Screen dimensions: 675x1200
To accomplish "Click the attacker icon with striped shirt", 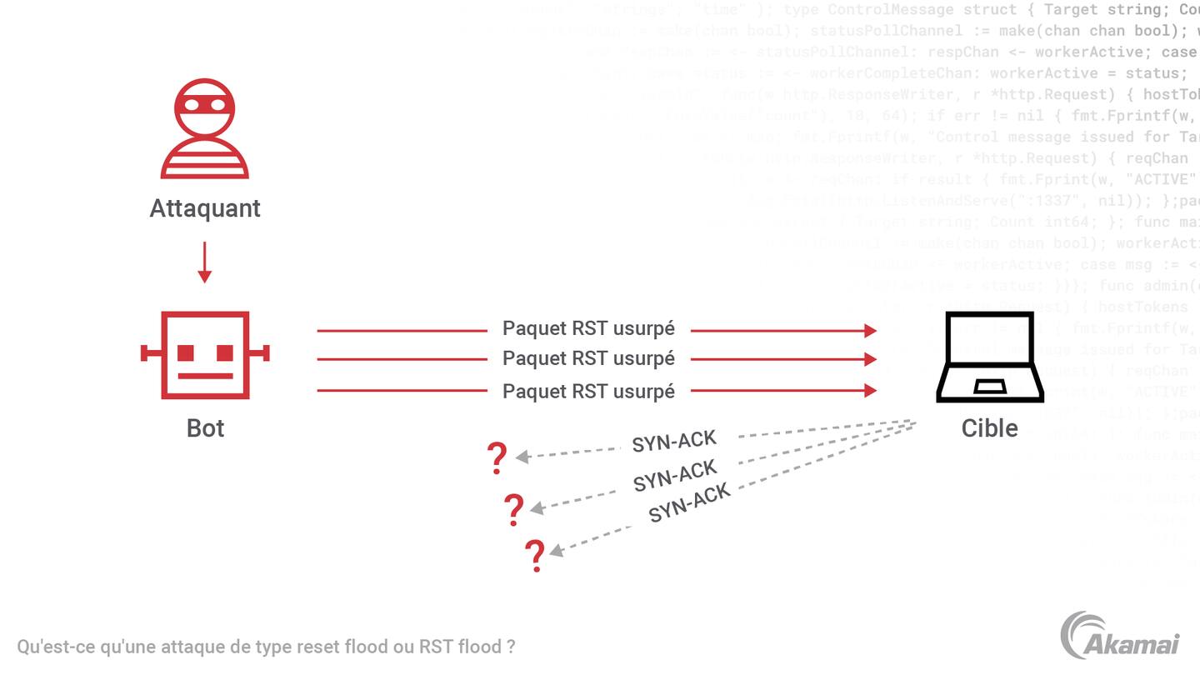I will click(x=204, y=128).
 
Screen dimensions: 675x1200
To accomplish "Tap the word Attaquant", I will click(x=205, y=208).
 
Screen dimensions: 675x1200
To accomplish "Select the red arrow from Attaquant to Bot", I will click(x=204, y=262).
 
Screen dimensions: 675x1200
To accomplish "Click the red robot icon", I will click(x=205, y=354).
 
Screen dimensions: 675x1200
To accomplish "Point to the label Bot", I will click(x=205, y=427).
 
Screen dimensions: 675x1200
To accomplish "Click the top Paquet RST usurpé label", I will click(x=588, y=328).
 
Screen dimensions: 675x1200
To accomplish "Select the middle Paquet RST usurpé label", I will click(x=588, y=358).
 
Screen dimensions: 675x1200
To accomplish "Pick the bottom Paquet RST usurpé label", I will click(x=588, y=391).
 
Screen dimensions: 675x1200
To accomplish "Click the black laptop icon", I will click(x=990, y=357).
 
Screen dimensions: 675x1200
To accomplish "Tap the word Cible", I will click(x=989, y=427).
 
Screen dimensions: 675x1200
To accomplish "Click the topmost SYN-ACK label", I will click(x=674, y=441).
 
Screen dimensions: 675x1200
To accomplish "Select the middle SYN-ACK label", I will click(x=675, y=475).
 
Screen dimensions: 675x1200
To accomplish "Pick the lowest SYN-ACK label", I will click(x=689, y=502).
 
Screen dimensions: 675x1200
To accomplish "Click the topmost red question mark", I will click(x=497, y=457).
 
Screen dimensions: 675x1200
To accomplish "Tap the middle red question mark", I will click(x=514, y=509).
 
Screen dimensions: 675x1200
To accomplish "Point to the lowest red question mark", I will click(x=535, y=555).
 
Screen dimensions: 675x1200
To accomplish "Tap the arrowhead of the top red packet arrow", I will click(x=870, y=331).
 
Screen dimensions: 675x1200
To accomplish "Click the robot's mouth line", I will click(x=205, y=376).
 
